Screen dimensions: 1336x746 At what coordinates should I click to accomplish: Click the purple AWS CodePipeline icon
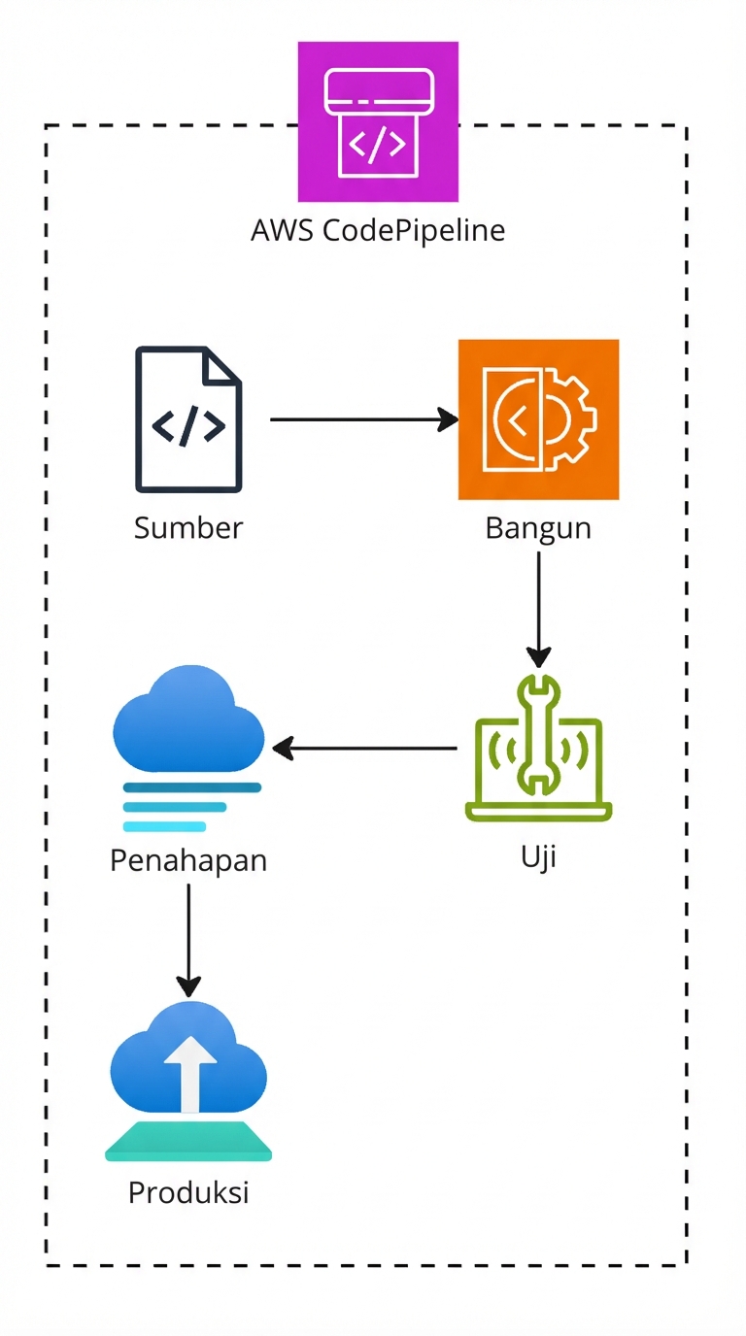[378, 121]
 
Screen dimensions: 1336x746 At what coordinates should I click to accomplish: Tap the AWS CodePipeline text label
[378, 231]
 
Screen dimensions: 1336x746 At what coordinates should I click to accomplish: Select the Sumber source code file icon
[188, 419]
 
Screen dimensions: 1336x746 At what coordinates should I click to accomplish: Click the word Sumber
[188, 528]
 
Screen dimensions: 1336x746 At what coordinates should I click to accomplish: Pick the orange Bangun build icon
[538, 419]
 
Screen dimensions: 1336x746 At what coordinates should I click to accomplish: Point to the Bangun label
[538, 529]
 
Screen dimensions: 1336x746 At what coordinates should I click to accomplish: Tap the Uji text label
[538, 858]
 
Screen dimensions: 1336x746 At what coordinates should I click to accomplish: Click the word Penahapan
[188, 860]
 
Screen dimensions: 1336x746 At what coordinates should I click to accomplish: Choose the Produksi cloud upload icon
[188, 1078]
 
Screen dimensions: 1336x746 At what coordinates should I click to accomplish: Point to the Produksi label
[188, 1192]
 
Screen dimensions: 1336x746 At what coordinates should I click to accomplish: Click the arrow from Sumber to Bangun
[363, 419]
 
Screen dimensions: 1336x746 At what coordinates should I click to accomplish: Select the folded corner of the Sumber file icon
[224, 364]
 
